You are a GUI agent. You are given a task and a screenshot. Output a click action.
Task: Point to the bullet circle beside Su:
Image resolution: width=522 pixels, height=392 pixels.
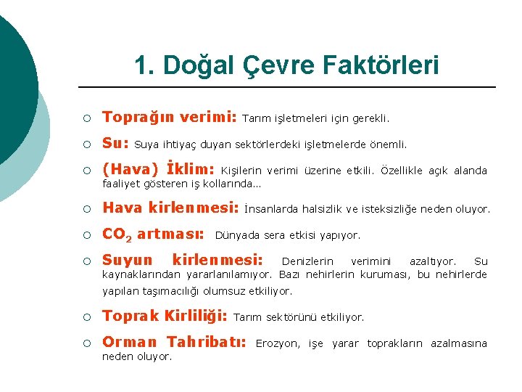(x=86, y=144)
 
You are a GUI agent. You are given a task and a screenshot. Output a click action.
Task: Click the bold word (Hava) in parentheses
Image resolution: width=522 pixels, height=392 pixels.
(x=130, y=170)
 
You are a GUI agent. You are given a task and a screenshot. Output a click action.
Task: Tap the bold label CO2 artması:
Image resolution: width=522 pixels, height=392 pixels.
(x=153, y=234)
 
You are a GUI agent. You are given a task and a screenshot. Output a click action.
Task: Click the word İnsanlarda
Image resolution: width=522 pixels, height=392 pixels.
(x=271, y=210)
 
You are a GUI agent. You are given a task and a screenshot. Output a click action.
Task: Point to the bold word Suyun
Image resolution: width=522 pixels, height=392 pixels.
(x=128, y=260)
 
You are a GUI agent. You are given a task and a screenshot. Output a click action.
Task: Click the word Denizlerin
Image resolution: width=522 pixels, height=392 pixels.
(x=307, y=261)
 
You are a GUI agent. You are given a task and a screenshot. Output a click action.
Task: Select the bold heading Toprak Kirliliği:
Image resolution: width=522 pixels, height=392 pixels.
(x=165, y=317)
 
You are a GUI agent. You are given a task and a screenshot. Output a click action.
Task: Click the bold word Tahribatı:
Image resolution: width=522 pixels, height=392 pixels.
(x=207, y=342)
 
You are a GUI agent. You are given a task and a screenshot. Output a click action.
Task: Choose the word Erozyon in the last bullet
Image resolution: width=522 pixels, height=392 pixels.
(x=278, y=343)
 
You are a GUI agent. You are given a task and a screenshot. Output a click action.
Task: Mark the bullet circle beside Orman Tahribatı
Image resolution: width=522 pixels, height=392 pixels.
(x=86, y=343)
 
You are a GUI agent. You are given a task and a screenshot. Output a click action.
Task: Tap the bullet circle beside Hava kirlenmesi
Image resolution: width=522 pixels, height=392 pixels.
(x=86, y=210)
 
